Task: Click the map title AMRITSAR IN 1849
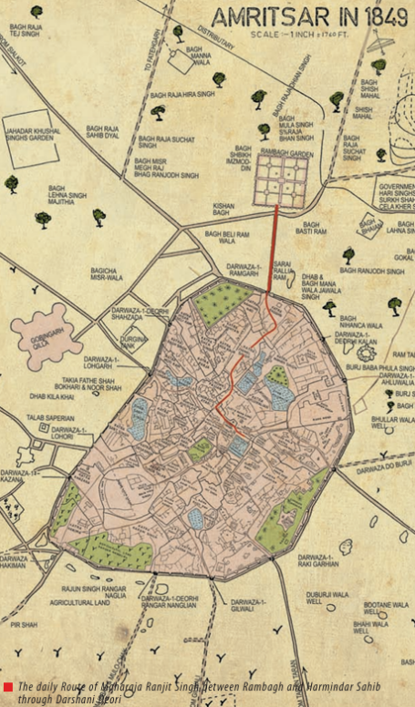click(309, 17)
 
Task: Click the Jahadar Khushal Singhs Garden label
click(33, 137)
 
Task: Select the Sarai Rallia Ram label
click(283, 269)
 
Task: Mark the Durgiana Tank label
click(133, 339)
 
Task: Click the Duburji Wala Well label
click(327, 599)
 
